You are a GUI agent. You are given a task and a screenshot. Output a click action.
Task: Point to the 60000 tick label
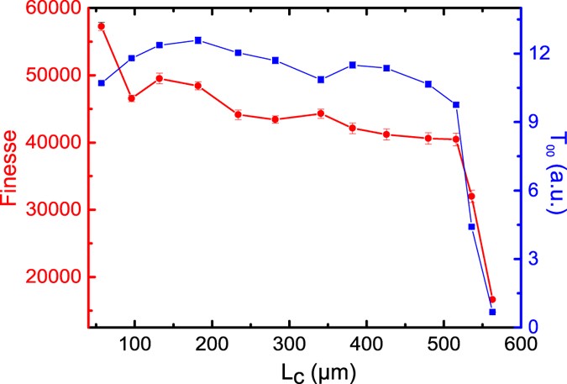[x=55, y=8]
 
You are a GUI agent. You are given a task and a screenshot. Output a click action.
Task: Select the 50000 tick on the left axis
[x=55, y=75]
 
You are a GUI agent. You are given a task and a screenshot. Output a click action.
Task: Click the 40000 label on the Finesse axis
[x=55, y=143]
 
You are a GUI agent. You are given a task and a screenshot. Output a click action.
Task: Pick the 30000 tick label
[x=55, y=210]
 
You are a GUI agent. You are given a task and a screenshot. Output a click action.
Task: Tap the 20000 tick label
[x=55, y=277]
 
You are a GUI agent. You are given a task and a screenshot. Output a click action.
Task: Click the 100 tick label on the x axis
[x=134, y=343]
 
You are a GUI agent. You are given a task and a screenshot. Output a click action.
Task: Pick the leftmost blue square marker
[x=102, y=83]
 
